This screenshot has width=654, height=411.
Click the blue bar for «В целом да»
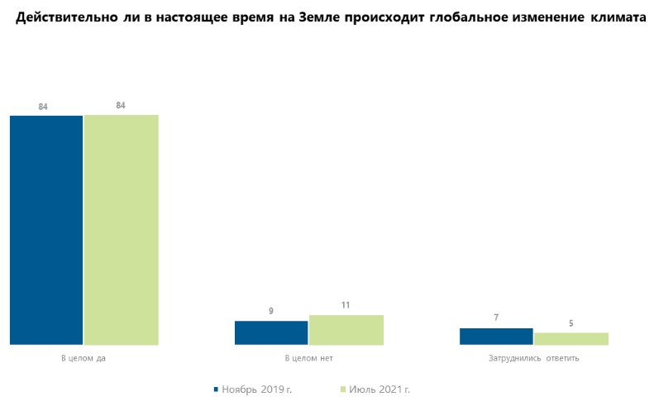[x=46, y=229]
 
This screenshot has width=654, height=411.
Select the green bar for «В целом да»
[x=121, y=229]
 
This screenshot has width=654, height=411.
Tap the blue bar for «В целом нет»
[x=271, y=332]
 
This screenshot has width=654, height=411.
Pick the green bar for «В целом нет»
[x=346, y=330]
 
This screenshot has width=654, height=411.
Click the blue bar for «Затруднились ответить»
[x=496, y=336]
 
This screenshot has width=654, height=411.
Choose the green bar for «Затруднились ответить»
[x=570, y=338]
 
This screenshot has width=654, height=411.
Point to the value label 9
[x=271, y=311]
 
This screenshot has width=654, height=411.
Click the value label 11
[x=346, y=305]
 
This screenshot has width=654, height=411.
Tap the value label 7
[x=496, y=318]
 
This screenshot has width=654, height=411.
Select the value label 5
[x=570, y=323]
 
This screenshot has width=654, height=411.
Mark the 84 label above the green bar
[x=121, y=105]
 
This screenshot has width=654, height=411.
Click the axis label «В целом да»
[x=84, y=359]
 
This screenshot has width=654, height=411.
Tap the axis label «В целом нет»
[x=308, y=359]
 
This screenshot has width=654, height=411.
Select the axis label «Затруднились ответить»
[x=533, y=359]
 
